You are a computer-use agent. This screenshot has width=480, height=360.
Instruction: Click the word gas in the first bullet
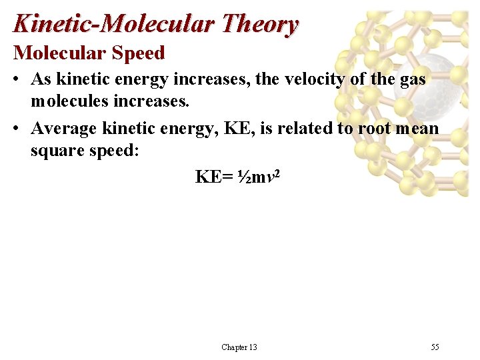[x=413, y=79]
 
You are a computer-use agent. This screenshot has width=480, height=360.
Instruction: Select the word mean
[x=417, y=127]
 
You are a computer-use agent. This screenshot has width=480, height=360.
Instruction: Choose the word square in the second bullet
[x=56, y=151]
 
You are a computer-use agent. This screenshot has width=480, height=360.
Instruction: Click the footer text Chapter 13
[x=239, y=347]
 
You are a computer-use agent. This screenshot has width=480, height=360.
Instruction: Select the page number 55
[x=435, y=347]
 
